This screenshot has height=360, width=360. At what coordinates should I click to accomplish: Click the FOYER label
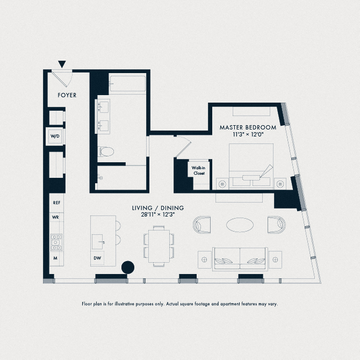67,95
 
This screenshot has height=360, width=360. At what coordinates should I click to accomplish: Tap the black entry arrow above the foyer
62,64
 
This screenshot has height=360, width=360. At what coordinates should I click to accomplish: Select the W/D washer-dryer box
55,137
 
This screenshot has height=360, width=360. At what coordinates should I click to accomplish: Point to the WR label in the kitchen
55,217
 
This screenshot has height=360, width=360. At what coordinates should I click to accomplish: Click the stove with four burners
55,242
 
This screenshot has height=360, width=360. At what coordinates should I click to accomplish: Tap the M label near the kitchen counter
55,258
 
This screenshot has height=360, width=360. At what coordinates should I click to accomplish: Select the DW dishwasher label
97,258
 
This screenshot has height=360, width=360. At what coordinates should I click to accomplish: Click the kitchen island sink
98,242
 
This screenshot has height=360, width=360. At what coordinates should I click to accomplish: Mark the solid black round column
128,267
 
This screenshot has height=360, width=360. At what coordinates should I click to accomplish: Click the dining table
158,244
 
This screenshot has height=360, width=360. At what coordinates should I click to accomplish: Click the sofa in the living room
240,259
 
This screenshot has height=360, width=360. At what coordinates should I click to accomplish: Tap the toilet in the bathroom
106,152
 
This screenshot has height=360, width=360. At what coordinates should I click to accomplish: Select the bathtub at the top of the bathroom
127,85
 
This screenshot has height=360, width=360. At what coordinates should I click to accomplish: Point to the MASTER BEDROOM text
248,127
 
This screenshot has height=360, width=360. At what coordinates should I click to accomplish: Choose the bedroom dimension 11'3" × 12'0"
248,135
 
